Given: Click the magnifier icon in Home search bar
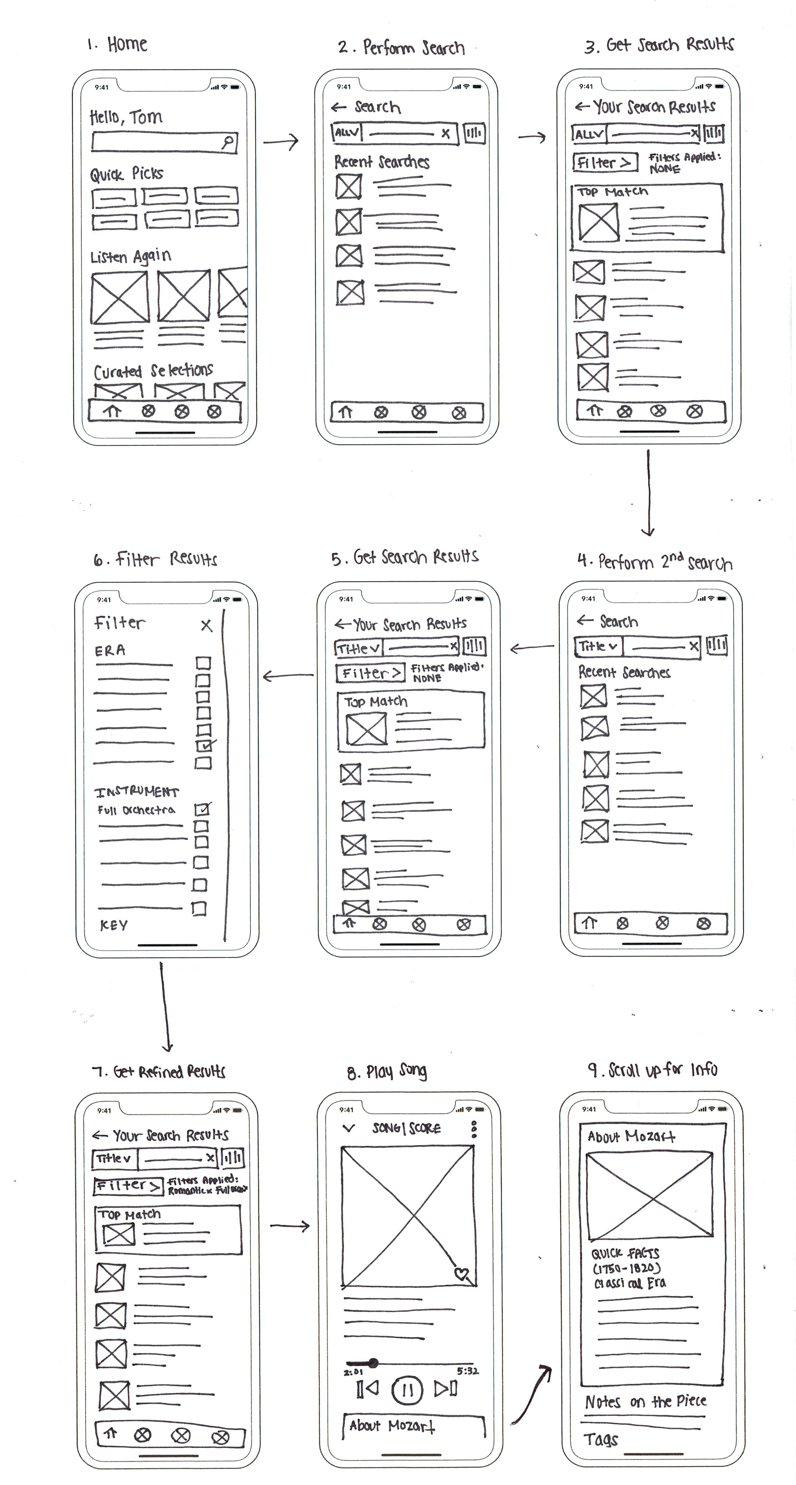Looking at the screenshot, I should pyautogui.click(x=229, y=141).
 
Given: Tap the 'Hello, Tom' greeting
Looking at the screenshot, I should pyautogui.click(x=126, y=117).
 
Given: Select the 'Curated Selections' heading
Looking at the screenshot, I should pyautogui.click(x=153, y=371).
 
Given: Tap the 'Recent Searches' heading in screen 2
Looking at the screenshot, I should pyautogui.click(x=382, y=162).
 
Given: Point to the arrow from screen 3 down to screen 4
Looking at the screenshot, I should pyautogui.click(x=648, y=493).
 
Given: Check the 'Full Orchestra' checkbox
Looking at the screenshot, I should pyautogui.click(x=202, y=809).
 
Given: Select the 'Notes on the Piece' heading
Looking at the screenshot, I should pyautogui.click(x=646, y=1401).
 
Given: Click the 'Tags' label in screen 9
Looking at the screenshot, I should pyautogui.click(x=601, y=1440).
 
